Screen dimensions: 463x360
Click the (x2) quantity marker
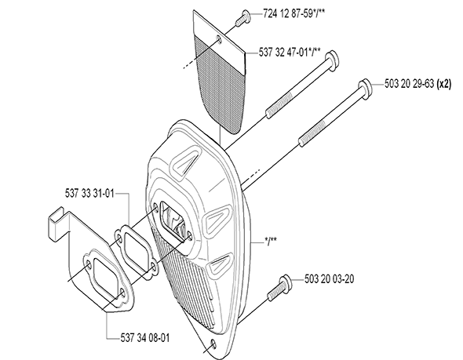point(444,84)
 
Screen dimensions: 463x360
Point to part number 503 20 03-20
point(329,279)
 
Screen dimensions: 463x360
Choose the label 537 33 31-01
point(89,194)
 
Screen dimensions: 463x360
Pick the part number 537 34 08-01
point(145,338)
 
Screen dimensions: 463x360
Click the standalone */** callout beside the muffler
point(271,241)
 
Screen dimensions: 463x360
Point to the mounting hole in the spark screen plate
point(219,39)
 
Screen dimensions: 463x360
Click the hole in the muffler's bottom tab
point(213,344)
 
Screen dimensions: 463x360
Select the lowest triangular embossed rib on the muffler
point(219,264)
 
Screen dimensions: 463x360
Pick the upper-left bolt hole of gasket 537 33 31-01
point(118,238)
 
